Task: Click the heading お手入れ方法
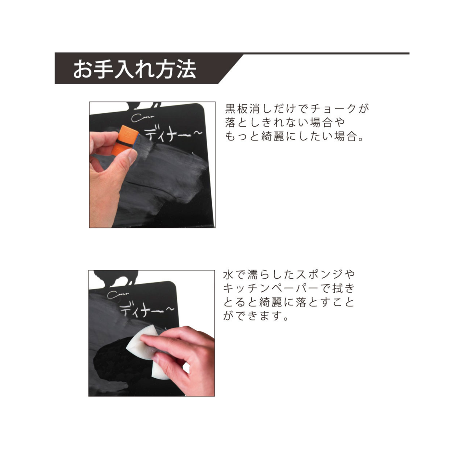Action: point(134,69)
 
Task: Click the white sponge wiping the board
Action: point(145,352)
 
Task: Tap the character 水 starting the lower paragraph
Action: point(228,275)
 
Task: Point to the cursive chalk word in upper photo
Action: point(143,117)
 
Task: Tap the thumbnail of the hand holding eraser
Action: point(152,165)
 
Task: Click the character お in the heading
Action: point(82,69)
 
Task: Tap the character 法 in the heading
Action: point(186,69)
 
